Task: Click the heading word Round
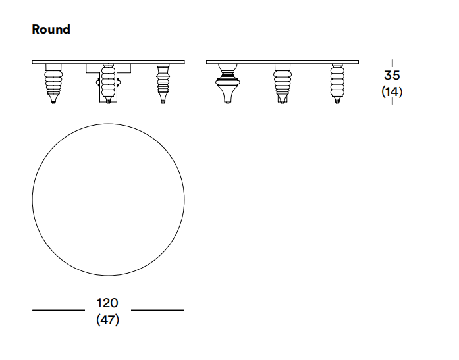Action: [51, 29]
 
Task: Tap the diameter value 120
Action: [107, 303]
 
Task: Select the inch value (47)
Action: [107, 320]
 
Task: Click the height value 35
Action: [392, 75]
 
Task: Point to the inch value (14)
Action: [392, 92]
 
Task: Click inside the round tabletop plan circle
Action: [108, 199]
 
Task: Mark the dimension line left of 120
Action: [59, 310]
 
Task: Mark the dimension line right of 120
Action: [157, 310]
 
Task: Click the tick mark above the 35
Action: [392, 63]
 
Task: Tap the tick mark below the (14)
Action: [392, 101]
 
